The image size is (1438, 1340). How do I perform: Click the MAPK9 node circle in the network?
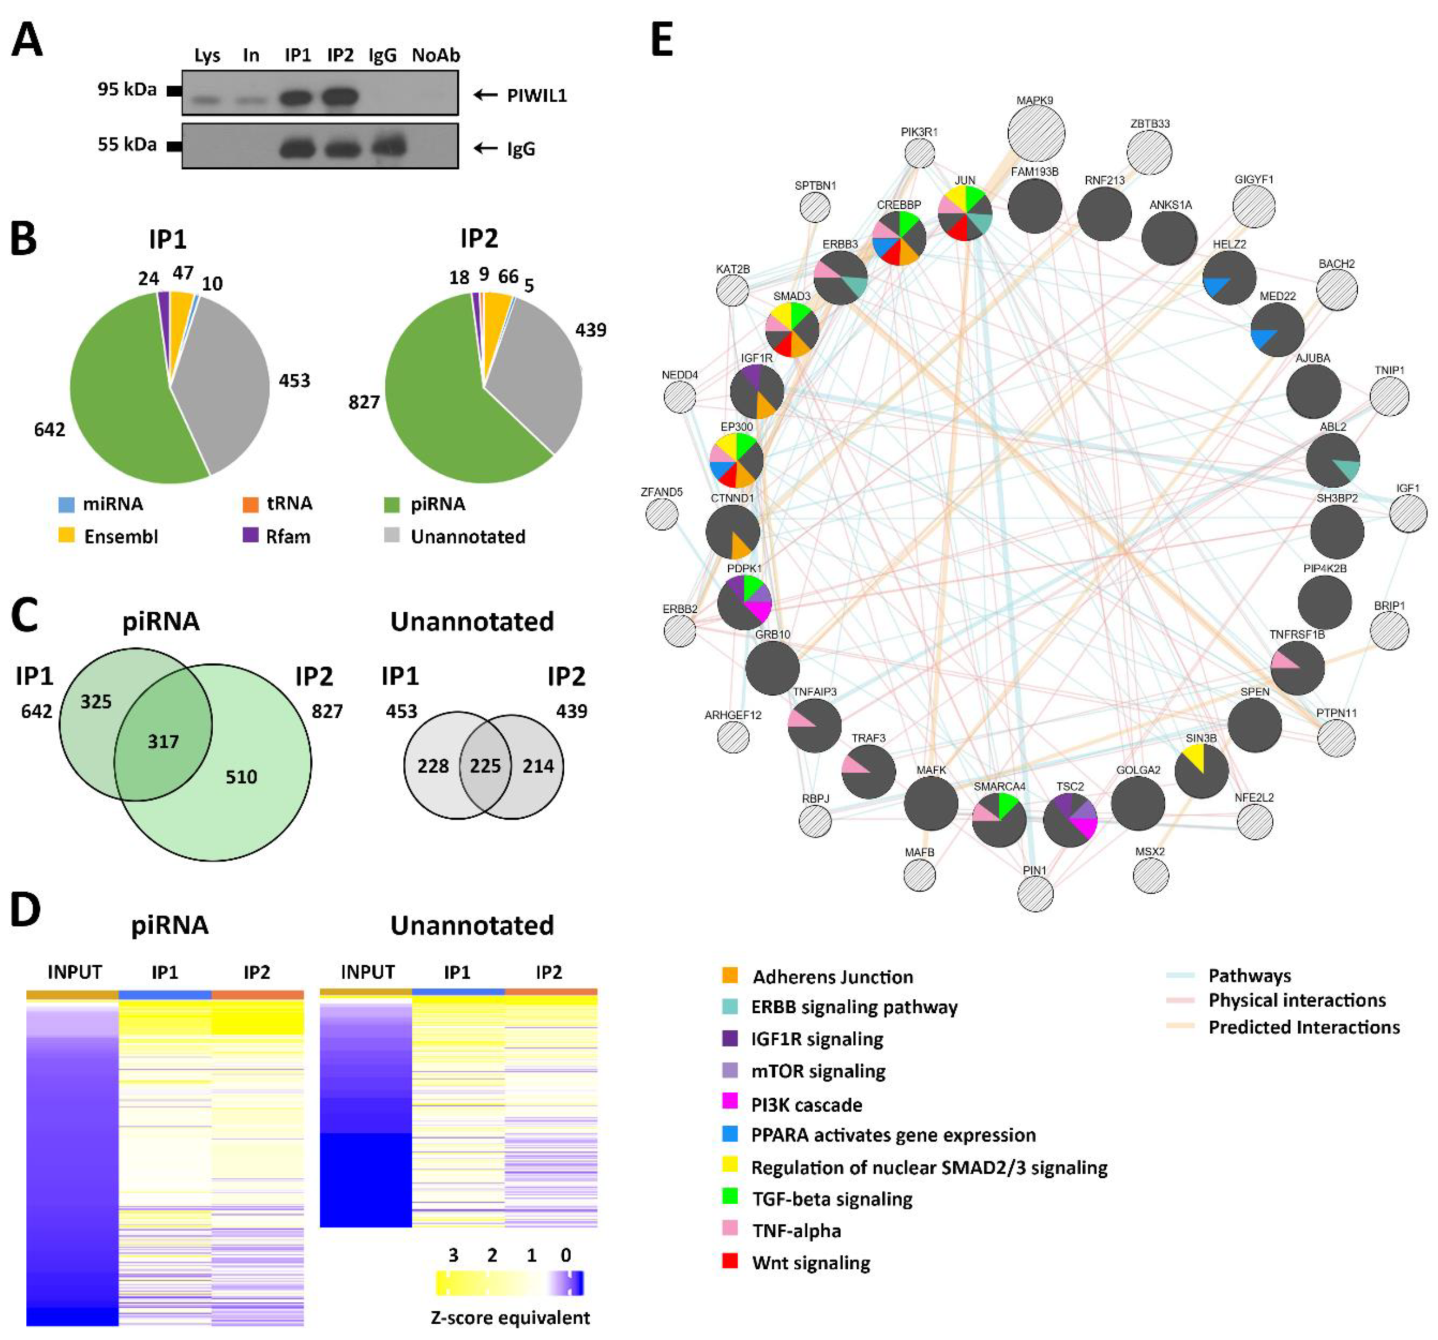1035,134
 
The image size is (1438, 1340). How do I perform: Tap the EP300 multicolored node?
736,460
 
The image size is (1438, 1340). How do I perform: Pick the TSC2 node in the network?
1070,820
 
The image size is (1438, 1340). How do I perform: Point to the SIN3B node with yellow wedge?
1201,772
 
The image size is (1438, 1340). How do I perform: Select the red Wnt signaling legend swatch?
730,1261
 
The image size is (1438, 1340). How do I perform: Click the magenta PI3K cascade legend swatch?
730,1102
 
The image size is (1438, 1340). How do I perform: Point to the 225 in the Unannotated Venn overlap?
485,765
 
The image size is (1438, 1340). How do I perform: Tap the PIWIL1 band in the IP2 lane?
339,96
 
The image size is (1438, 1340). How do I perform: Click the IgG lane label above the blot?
382,56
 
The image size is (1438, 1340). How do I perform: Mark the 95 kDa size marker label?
127,90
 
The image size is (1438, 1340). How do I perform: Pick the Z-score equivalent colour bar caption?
510,1318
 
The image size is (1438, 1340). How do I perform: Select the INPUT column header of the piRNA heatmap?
75,972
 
